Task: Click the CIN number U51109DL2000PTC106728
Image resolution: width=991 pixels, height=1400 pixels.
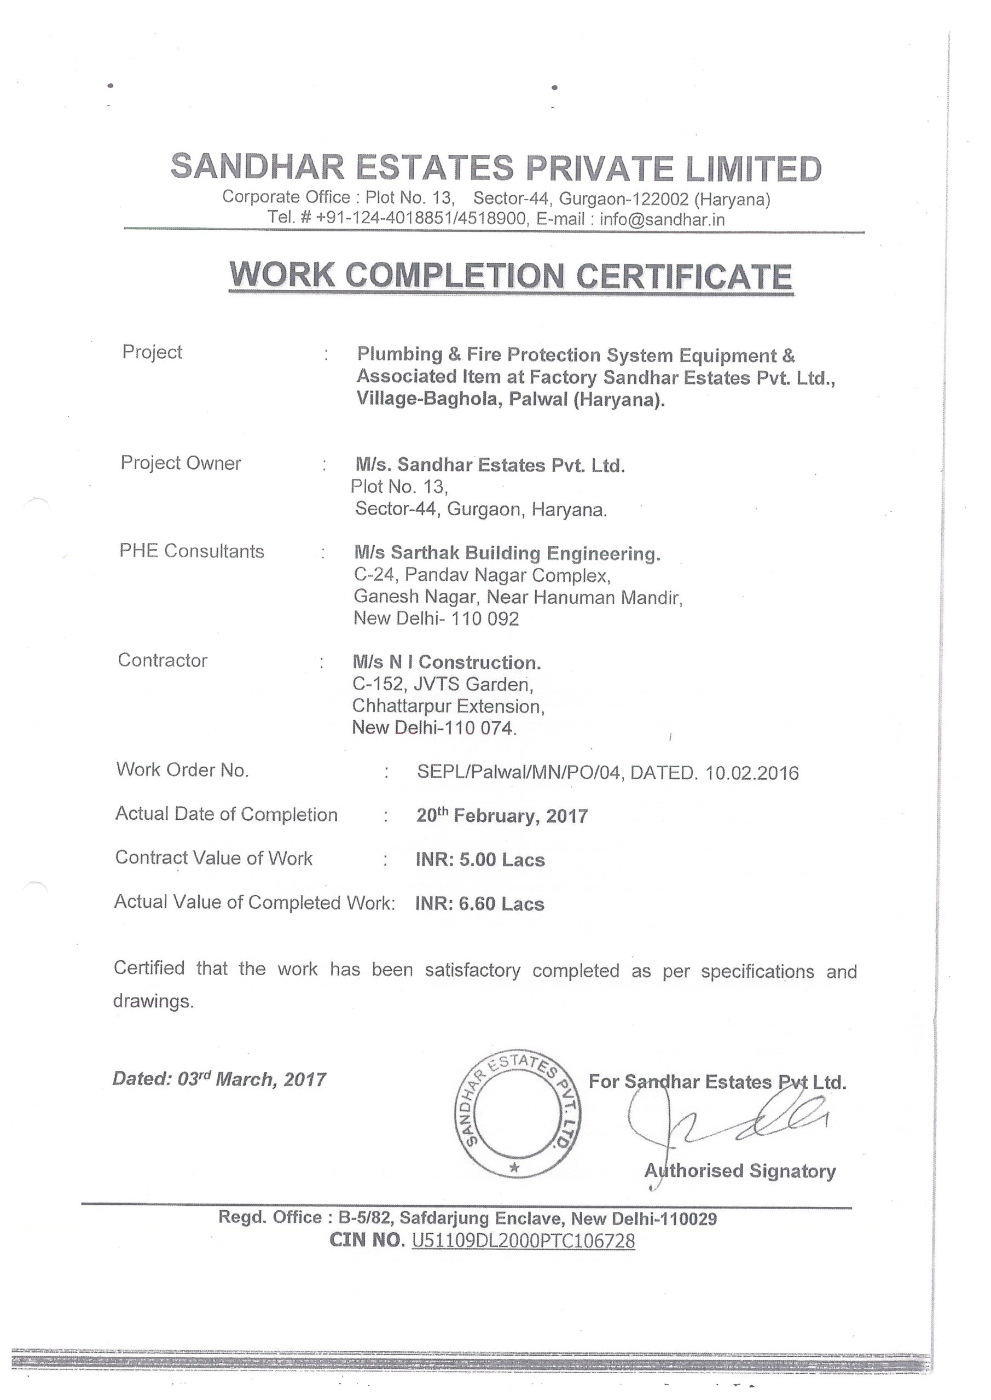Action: (x=524, y=1240)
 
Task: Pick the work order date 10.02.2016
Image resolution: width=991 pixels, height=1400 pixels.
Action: (x=752, y=773)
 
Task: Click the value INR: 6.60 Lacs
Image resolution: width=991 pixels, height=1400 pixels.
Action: (x=480, y=903)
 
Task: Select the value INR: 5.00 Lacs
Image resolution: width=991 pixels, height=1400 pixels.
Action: (x=480, y=860)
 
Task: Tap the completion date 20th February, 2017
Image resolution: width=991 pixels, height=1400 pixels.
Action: (x=502, y=816)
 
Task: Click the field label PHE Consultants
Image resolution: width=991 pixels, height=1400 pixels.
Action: (x=192, y=551)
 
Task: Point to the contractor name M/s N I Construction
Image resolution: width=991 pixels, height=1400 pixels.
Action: (x=447, y=662)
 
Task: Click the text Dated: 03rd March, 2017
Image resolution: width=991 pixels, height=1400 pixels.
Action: (x=219, y=1080)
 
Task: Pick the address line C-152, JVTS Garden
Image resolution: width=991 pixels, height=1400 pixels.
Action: (x=442, y=685)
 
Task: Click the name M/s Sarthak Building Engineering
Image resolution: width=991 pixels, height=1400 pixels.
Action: (x=507, y=553)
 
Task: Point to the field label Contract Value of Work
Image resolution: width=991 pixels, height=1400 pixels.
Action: (x=213, y=858)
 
